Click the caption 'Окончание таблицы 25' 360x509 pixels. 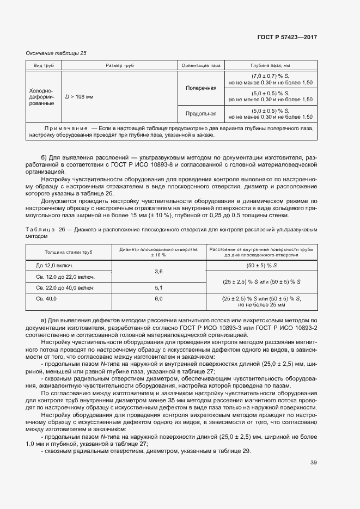click(56, 53)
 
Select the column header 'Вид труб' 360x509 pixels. click(44, 65)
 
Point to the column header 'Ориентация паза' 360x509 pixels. click(201, 65)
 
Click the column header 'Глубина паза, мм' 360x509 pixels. click(271, 65)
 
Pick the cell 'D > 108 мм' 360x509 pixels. click(80, 96)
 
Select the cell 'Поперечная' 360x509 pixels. click(201, 88)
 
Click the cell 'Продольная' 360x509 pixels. click(201, 114)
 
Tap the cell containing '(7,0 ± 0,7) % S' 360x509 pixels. click(271, 79)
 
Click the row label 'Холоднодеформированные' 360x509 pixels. click(44, 96)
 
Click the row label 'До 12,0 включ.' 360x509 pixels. click(54, 266)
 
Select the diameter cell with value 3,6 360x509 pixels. click(158, 271)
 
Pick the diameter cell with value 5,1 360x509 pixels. click(158, 287)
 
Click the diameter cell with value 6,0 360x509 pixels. click(158, 299)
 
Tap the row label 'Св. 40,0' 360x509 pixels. click(47, 299)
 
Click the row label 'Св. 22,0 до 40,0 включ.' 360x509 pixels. click(65, 287)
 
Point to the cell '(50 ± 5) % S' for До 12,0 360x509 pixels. click(261, 266)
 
